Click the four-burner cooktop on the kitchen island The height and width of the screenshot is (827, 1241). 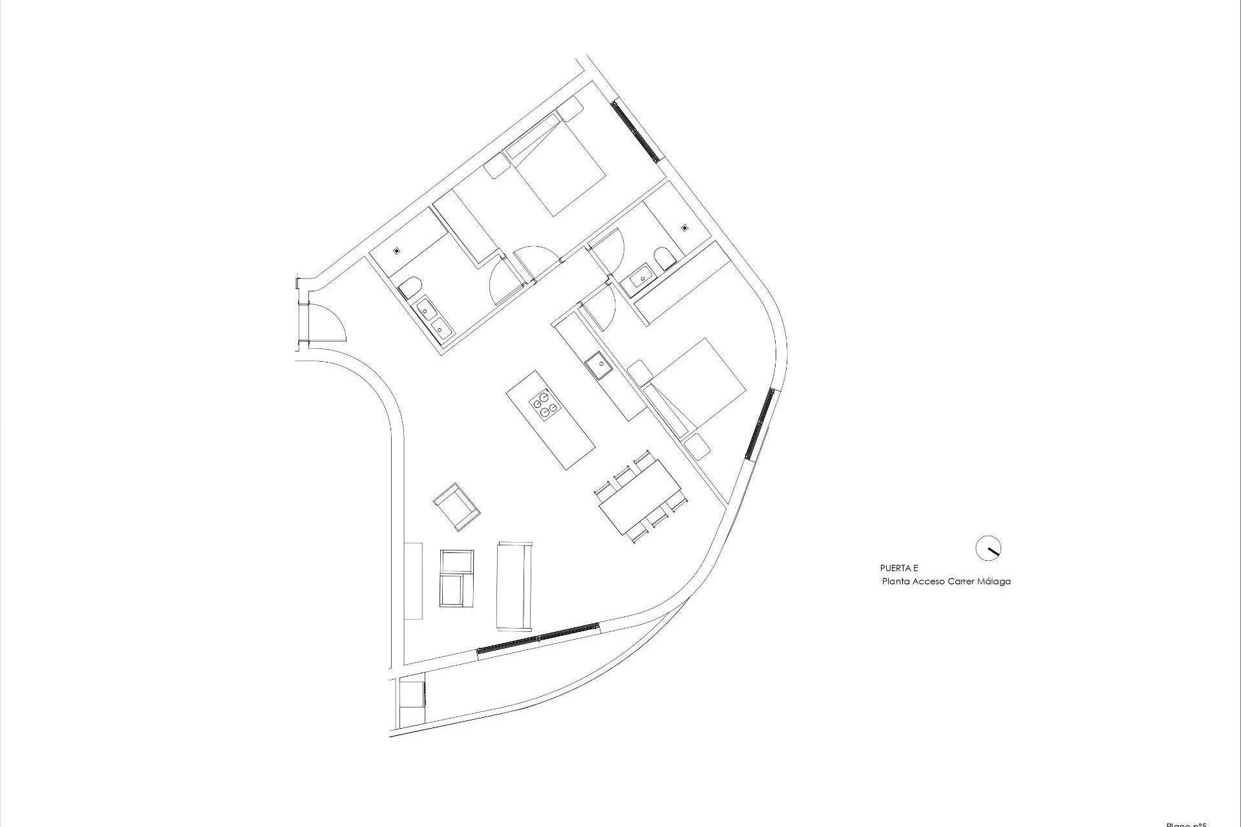point(544,404)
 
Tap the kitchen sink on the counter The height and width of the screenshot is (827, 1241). point(599,366)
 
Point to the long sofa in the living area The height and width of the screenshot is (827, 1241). point(514,586)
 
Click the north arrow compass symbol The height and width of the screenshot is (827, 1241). point(988,548)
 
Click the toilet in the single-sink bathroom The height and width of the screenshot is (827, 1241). point(664,259)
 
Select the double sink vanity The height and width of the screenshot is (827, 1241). point(434,319)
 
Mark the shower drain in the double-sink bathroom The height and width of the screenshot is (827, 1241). point(397,250)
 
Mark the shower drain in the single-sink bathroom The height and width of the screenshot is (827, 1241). point(684,227)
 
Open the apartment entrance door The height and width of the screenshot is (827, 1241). point(327,323)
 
